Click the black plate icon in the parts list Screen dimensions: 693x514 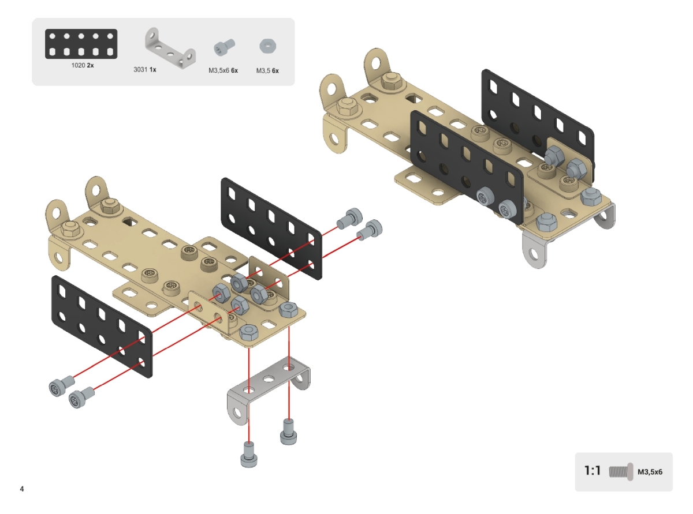[81, 44]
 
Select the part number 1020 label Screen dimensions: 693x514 [78, 65]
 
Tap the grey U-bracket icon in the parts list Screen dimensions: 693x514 [170, 48]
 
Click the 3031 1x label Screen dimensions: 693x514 [144, 70]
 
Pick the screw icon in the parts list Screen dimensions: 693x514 [224, 47]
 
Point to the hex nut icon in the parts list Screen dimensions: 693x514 [268, 46]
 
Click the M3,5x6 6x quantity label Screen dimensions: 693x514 [223, 70]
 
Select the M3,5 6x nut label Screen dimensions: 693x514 [267, 70]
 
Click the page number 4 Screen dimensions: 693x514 [22, 489]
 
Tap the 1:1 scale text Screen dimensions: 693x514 [593, 471]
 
